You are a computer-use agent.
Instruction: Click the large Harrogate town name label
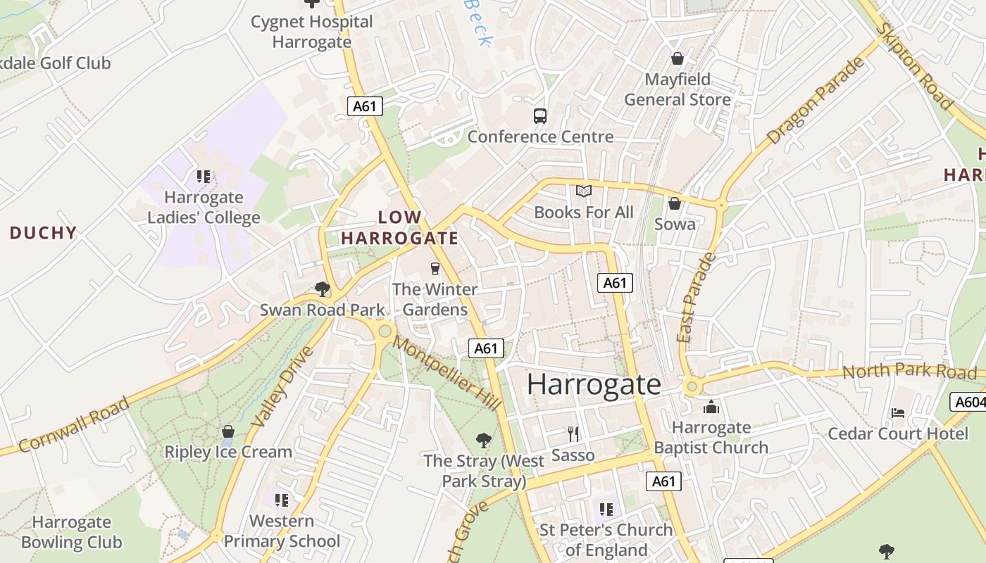594,384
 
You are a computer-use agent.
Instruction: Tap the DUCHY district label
43,233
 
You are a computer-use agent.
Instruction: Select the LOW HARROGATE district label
400,228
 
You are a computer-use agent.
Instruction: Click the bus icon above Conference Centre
540,116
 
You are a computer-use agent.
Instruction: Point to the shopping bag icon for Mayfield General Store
678,58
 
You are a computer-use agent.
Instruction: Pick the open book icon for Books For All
584,191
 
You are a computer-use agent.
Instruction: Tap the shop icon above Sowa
675,203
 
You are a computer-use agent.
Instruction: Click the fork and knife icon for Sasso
573,434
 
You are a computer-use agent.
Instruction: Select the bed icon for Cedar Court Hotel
898,412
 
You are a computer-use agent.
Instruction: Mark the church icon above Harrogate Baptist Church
711,407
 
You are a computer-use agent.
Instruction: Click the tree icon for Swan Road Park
323,289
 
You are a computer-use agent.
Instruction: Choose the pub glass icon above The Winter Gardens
435,268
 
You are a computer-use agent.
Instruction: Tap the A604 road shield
969,402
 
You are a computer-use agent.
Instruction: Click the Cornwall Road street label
74,424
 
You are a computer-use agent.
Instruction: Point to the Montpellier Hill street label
447,373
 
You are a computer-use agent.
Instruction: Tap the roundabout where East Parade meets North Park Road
692,386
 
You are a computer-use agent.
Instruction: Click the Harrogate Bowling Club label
71,532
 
